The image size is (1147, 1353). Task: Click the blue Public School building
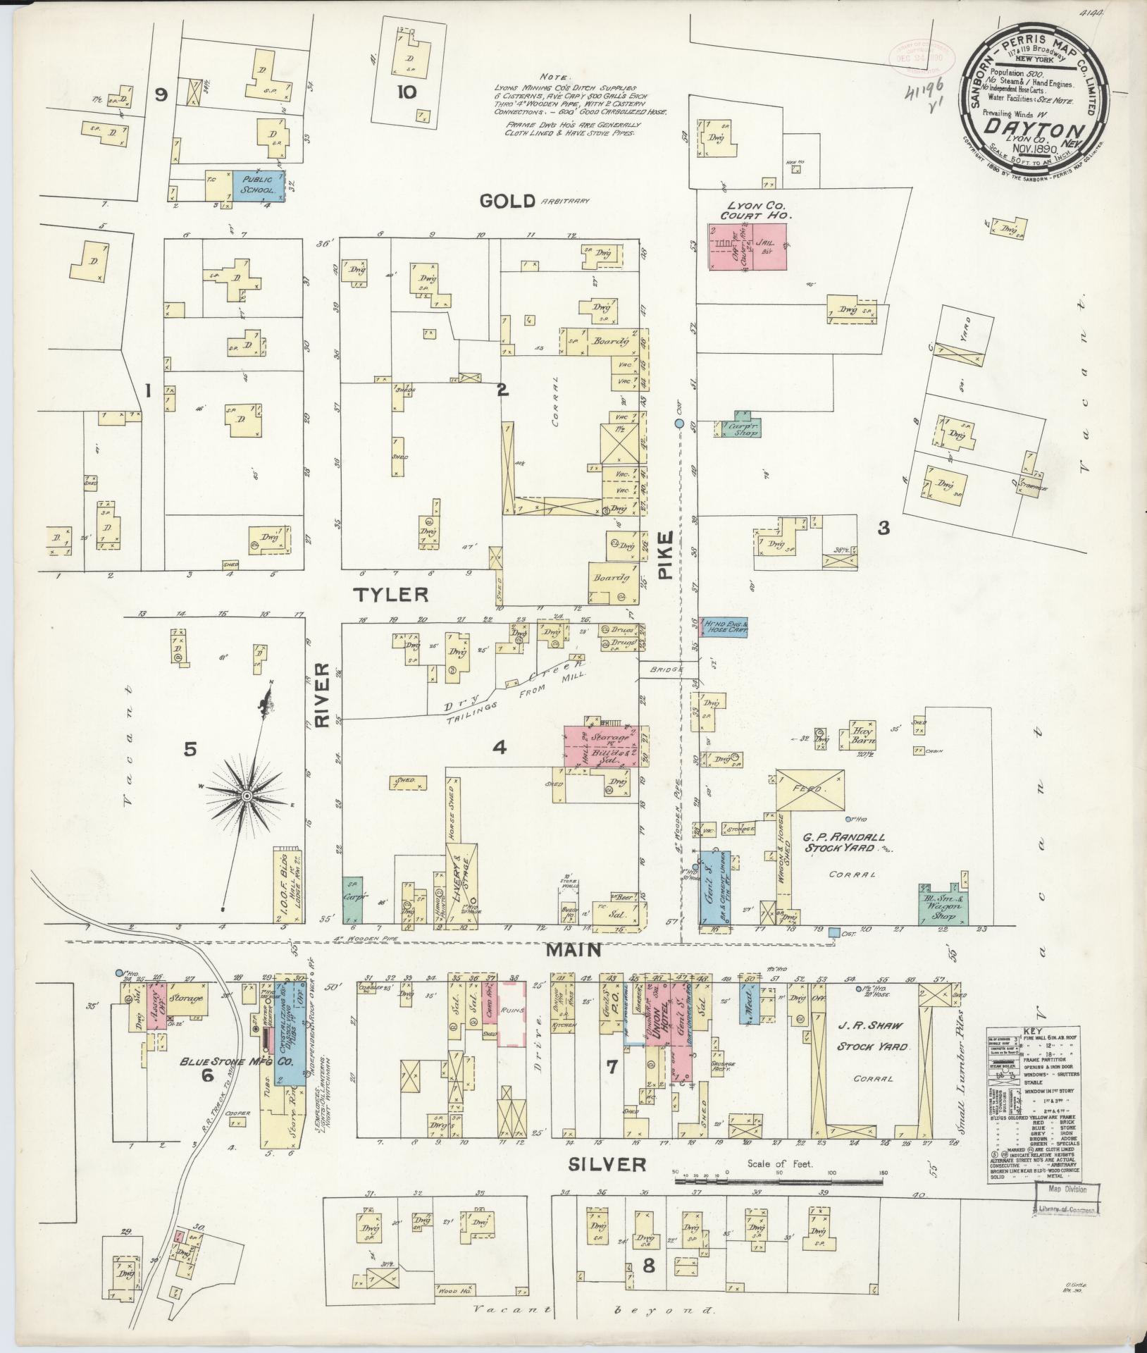[258, 187]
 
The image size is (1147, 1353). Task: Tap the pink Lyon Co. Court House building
[748, 247]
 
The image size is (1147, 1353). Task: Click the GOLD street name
[507, 202]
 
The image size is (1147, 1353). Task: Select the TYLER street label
[391, 595]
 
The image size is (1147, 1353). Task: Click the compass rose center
[247, 796]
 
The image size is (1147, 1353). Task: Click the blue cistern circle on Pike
[680, 424]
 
